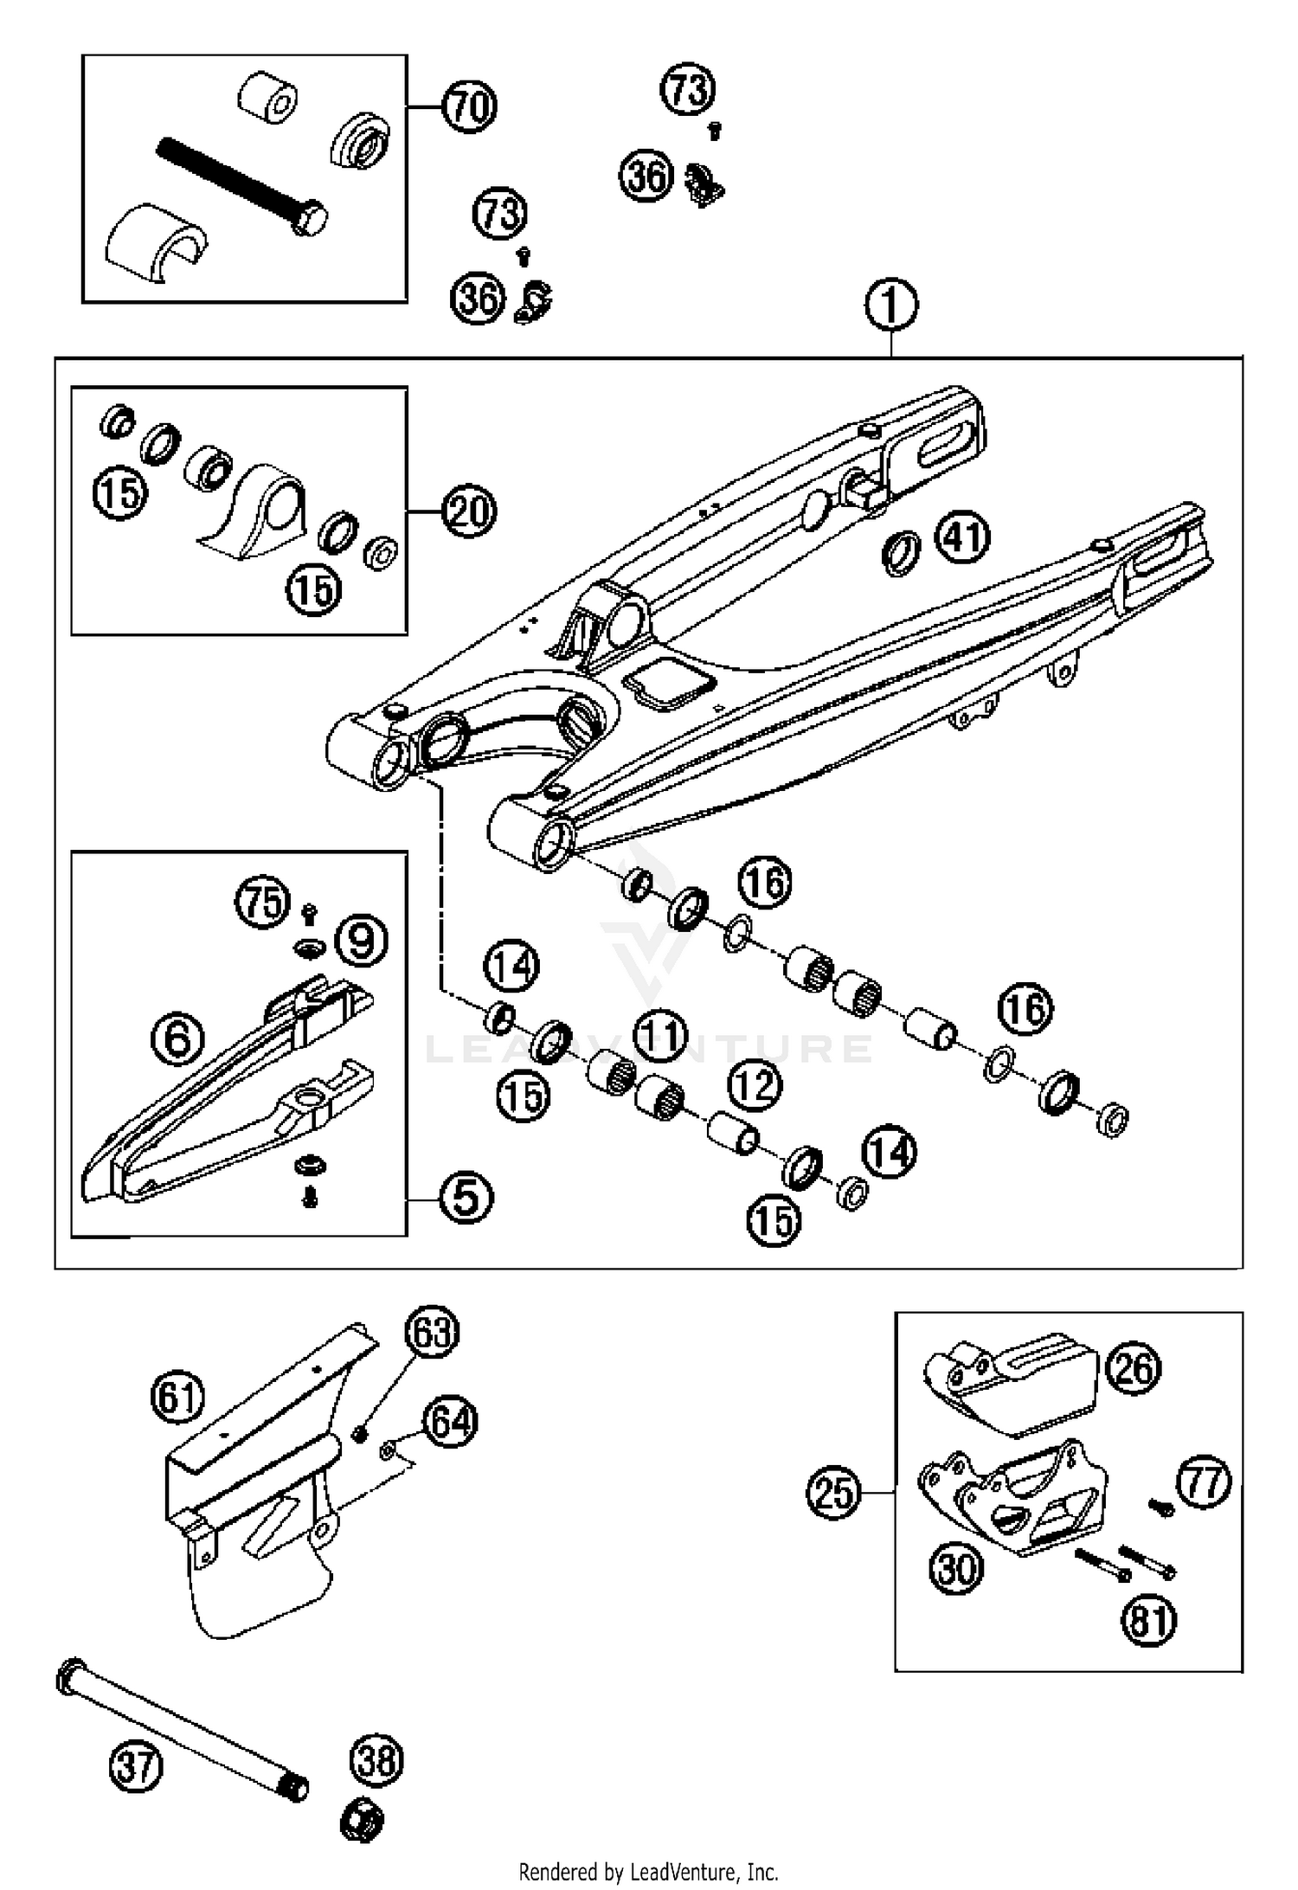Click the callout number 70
(469, 106)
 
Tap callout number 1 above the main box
(891, 305)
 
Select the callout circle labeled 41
(963, 538)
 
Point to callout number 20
(469, 511)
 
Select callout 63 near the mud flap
(433, 1334)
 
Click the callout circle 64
(450, 1423)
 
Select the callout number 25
(834, 1493)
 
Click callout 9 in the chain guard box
(361, 941)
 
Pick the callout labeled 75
(262, 903)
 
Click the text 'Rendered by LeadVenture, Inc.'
(649, 1874)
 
